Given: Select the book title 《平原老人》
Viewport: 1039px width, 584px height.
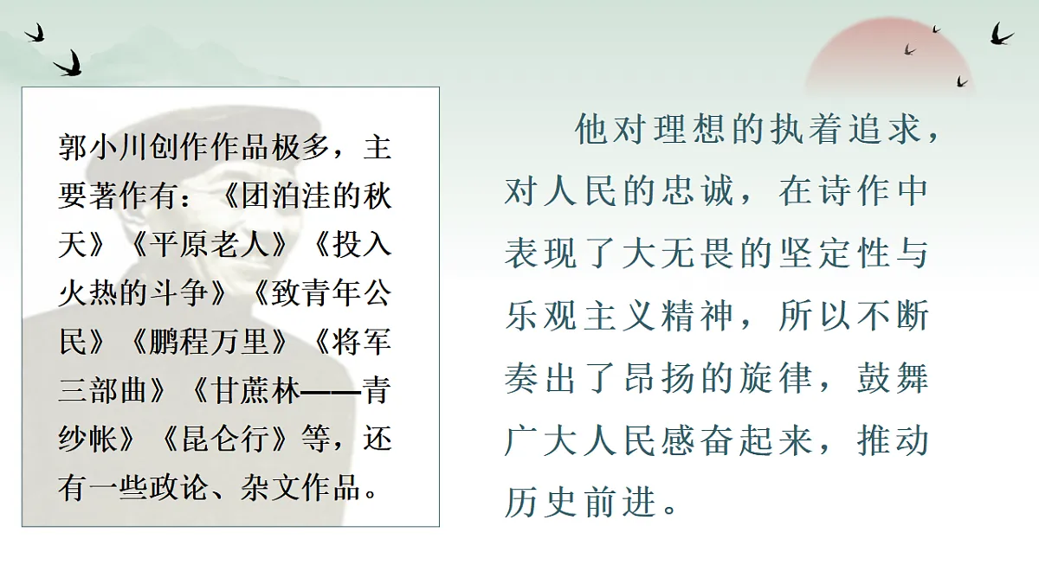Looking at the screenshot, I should click(208, 246).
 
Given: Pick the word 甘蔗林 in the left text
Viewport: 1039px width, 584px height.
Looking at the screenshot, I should click(259, 392).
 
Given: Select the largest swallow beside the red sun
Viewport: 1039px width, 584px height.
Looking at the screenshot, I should click(1001, 35).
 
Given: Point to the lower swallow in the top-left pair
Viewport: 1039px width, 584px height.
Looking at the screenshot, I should click(69, 62).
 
